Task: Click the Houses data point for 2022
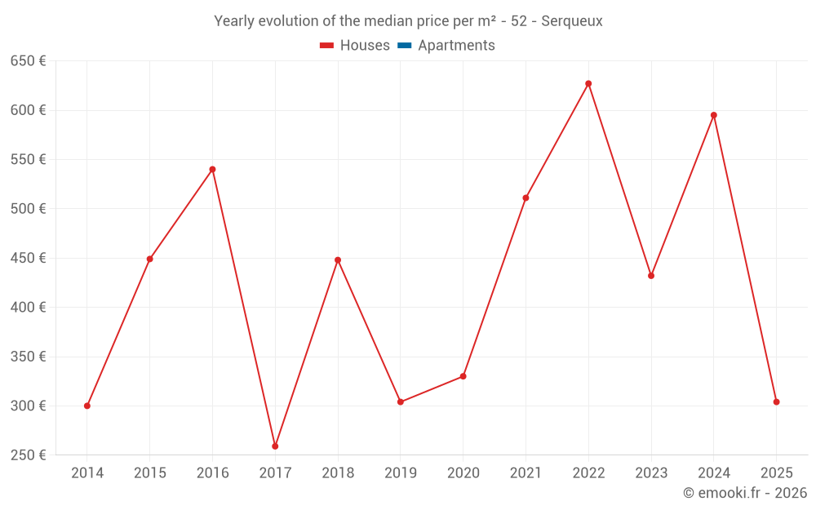point(588,84)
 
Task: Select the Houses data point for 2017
point(275,446)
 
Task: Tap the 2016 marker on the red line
point(212,170)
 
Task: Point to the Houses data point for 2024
point(714,115)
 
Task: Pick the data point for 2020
point(463,376)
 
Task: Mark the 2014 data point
point(87,406)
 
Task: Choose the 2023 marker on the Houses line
point(651,276)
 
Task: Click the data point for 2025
point(776,401)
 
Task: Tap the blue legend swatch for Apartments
point(403,46)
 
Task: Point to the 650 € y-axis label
point(28,61)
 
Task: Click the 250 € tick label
point(28,455)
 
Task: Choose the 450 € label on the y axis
point(28,259)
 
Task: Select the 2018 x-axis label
point(338,473)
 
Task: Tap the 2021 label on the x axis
point(526,473)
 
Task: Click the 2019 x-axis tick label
point(401,473)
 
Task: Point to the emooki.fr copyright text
point(745,493)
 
